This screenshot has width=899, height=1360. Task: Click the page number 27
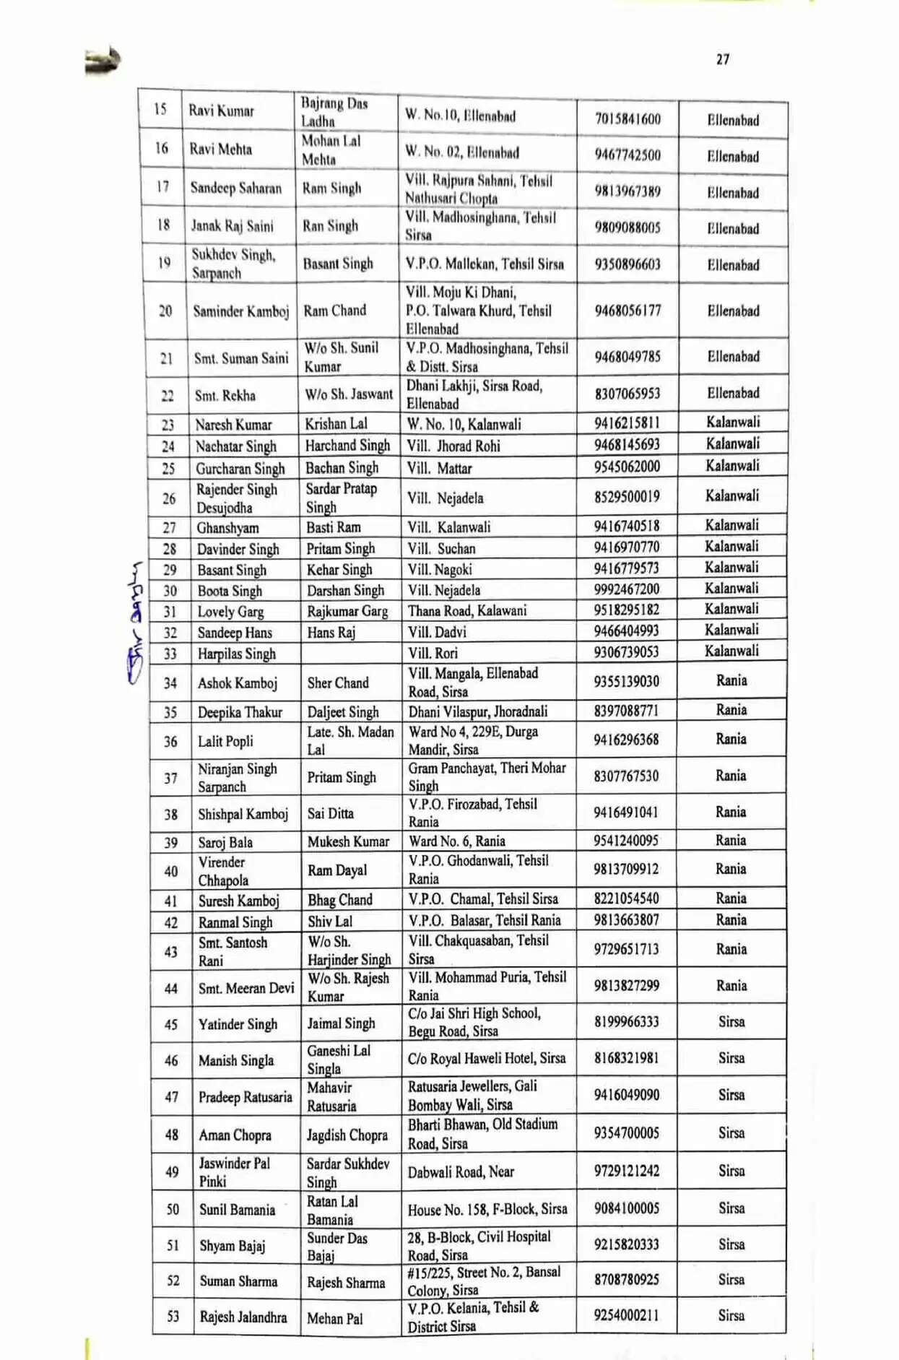pyautogui.click(x=723, y=59)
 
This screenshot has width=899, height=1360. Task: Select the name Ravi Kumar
pyautogui.click(x=221, y=111)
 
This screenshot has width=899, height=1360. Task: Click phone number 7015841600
pyautogui.click(x=627, y=118)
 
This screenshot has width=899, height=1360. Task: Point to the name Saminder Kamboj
pyautogui.click(x=240, y=311)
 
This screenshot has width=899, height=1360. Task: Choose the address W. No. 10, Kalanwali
pyautogui.click(x=463, y=424)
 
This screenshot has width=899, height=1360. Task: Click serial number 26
pyautogui.click(x=169, y=498)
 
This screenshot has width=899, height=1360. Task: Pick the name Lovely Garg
pyautogui.click(x=230, y=612)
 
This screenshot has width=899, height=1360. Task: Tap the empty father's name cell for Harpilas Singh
pyautogui.click(x=347, y=653)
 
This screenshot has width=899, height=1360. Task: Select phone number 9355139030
pyautogui.click(x=626, y=681)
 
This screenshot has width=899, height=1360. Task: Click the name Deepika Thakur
pyautogui.click(x=240, y=712)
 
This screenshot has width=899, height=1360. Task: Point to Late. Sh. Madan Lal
pyautogui.click(x=350, y=740)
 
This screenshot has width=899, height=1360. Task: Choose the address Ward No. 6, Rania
pyautogui.click(x=456, y=841)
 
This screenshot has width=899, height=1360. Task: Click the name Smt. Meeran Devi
pyautogui.click(x=246, y=988)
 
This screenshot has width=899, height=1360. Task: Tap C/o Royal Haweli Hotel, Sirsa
pyautogui.click(x=486, y=1058)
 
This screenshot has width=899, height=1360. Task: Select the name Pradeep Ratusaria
pyautogui.click(x=246, y=1097)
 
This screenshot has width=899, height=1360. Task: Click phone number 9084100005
pyautogui.click(x=626, y=1208)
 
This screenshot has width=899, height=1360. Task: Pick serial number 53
pyautogui.click(x=173, y=1316)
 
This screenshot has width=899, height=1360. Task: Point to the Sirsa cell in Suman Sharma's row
pyautogui.click(x=731, y=1279)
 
